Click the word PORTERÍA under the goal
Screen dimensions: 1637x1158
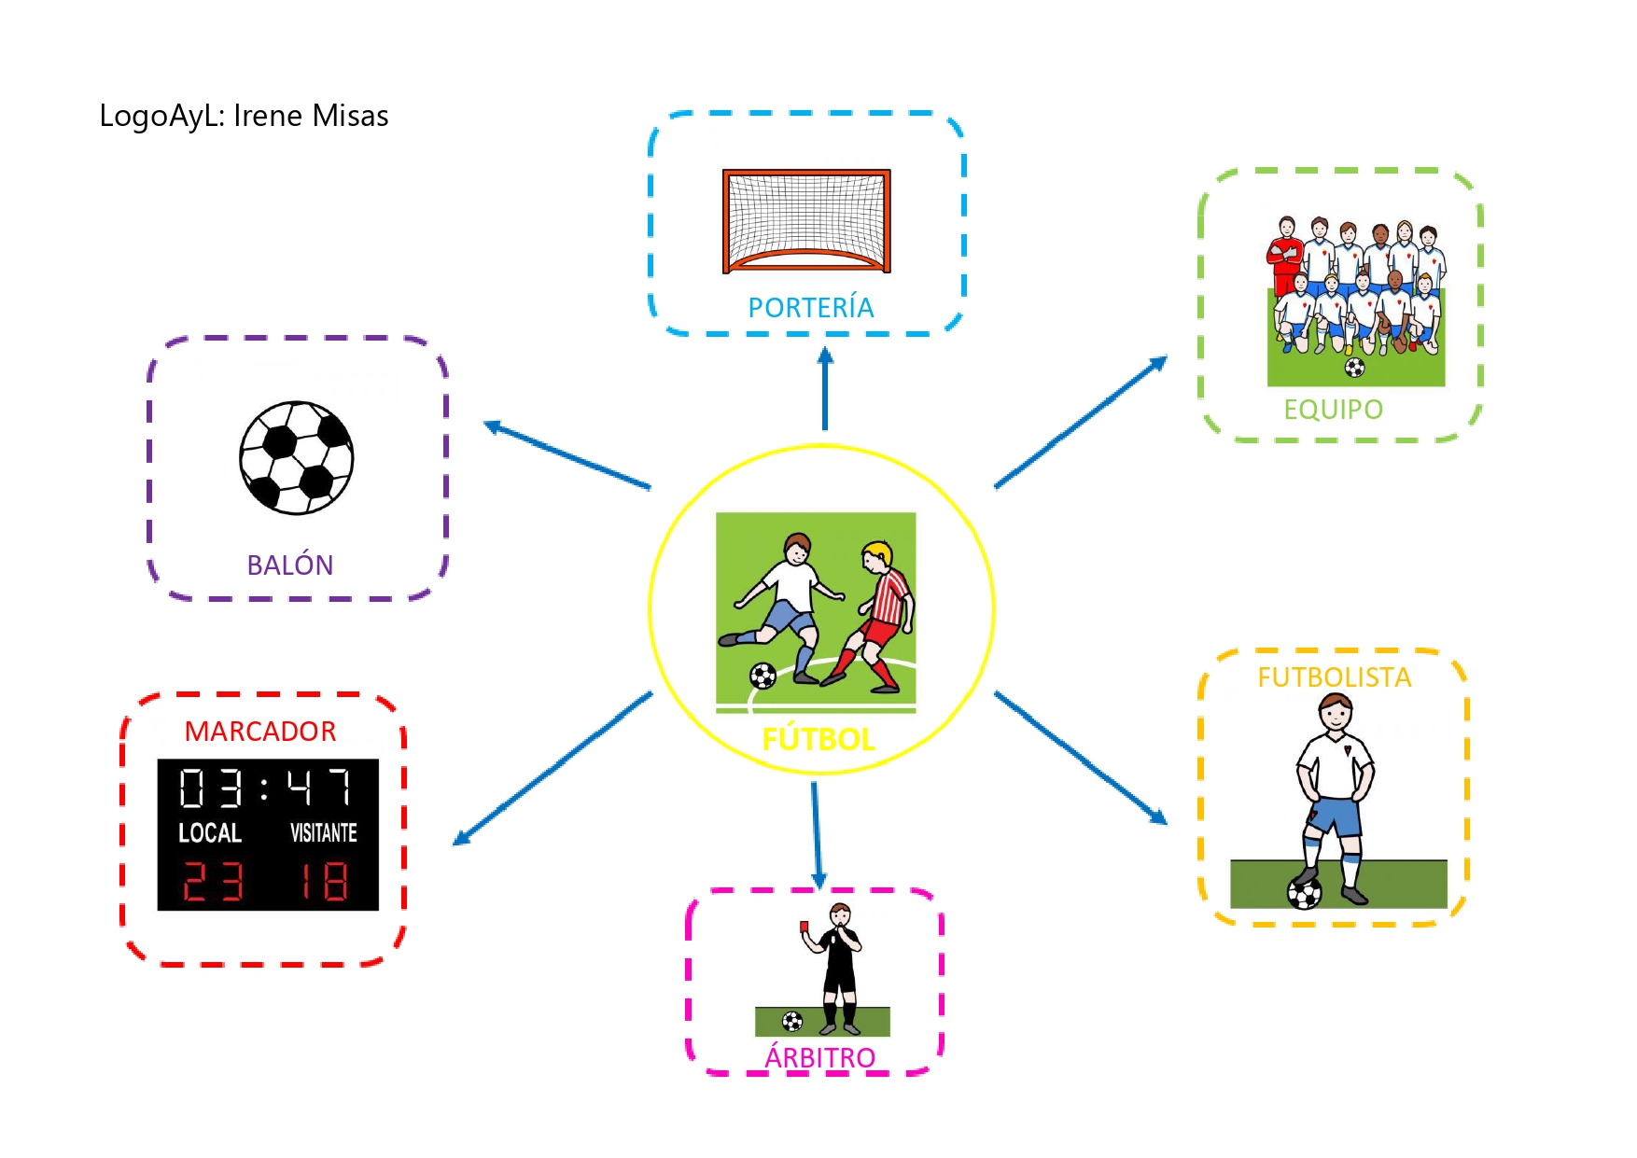pyautogui.click(x=810, y=307)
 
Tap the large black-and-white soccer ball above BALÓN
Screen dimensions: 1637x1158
pyautogui.click(x=297, y=457)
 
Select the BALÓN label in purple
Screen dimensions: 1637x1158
pyautogui.click(x=290, y=565)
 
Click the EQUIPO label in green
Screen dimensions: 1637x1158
pyautogui.click(x=1333, y=410)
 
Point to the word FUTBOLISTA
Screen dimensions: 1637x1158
pyautogui.click(x=1334, y=677)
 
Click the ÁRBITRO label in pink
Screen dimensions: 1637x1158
pyautogui.click(x=819, y=1057)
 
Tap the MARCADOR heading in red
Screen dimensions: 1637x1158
pyautogui.click(x=260, y=732)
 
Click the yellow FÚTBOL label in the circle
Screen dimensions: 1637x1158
pyautogui.click(x=818, y=740)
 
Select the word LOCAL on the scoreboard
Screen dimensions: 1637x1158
pyautogui.click(x=210, y=832)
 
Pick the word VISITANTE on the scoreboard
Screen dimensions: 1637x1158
pyautogui.click(x=324, y=832)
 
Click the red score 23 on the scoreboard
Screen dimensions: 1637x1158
pyautogui.click(x=213, y=881)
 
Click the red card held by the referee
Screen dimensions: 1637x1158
pyautogui.click(x=804, y=926)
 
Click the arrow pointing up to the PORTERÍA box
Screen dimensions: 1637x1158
pyautogui.click(x=825, y=388)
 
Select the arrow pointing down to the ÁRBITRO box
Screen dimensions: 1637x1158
pyautogui.click(x=817, y=835)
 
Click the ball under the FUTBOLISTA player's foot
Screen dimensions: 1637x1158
pyautogui.click(x=1304, y=893)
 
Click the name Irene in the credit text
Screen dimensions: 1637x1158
pyautogui.click(x=268, y=116)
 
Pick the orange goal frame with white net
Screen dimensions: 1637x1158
pyautogui.click(x=806, y=221)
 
